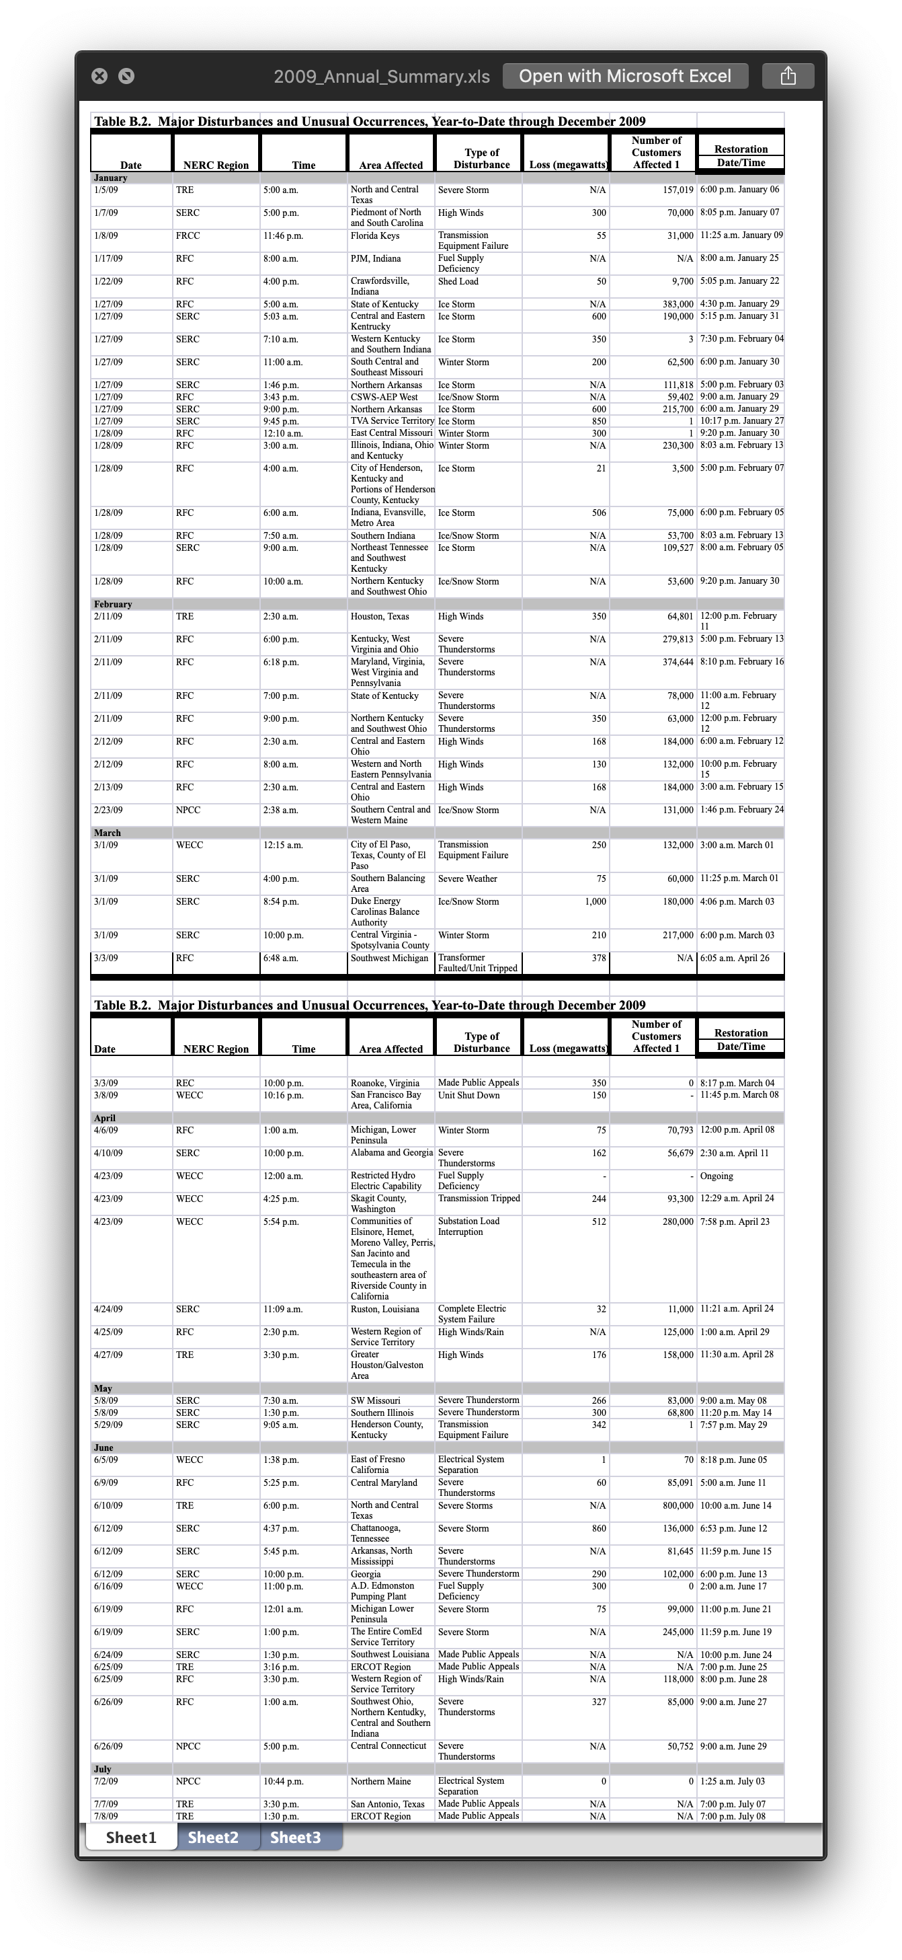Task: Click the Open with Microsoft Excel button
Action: coord(625,76)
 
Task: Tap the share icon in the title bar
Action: coord(788,76)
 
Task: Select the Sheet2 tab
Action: coord(213,1838)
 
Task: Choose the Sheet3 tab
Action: coord(295,1838)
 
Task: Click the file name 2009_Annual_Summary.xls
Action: coord(381,77)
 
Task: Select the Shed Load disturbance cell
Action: coord(458,282)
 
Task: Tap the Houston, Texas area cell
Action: coord(380,616)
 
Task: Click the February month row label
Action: coord(112,604)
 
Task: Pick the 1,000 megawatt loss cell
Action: coord(595,901)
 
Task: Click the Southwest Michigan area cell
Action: coord(389,958)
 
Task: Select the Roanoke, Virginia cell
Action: coord(385,1083)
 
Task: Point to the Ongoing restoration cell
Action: coord(716,1176)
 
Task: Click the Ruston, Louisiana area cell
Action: coord(385,1310)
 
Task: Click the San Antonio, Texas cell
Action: coord(387,1804)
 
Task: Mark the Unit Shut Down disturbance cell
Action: coord(468,1095)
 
